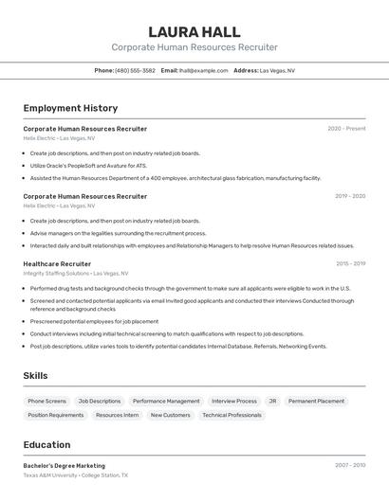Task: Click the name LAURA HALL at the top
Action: tap(194, 31)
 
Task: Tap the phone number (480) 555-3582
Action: tap(135, 70)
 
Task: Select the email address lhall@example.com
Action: tap(204, 70)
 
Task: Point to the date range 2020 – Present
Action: tap(346, 129)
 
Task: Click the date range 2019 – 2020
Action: tap(349, 196)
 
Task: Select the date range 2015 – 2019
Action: tap(349, 264)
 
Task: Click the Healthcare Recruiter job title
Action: tap(57, 264)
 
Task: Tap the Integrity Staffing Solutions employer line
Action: tap(64, 274)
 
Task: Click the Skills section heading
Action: tap(35, 376)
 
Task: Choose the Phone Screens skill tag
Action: tap(47, 401)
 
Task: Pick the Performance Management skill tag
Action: tap(166, 401)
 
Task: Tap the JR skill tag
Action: tap(272, 401)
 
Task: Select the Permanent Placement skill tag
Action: tap(316, 401)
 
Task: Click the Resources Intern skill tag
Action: tap(117, 415)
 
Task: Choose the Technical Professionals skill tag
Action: tap(232, 415)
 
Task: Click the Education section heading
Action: tap(46, 445)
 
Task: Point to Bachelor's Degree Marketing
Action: tap(65, 466)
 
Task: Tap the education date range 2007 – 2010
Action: tap(349, 466)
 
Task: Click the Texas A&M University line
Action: tap(75, 475)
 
